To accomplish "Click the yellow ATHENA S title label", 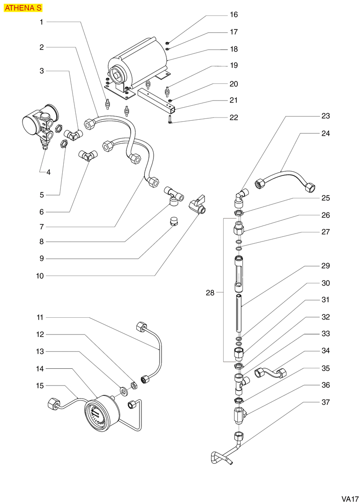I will pyautogui.click(x=23, y=8).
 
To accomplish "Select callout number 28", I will pyautogui.click(x=210, y=293).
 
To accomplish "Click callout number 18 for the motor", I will pyautogui.click(x=234, y=49).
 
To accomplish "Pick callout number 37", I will pyautogui.click(x=326, y=402).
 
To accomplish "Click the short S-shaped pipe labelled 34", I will pyautogui.click(x=271, y=372).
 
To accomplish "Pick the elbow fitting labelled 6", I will pyautogui.click(x=88, y=154).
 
